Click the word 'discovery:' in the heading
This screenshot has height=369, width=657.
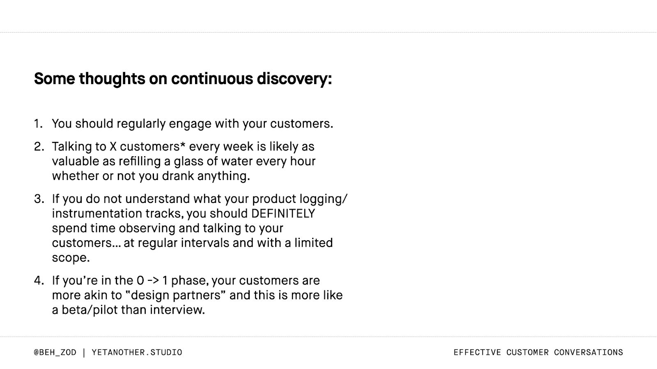[x=294, y=78]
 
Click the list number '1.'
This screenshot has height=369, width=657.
[x=38, y=123]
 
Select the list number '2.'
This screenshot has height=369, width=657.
[x=39, y=146]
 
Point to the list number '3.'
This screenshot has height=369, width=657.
[x=39, y=199]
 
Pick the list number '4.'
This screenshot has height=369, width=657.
[x=39, y=280]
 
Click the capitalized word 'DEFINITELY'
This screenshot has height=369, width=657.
[x=283, y=214]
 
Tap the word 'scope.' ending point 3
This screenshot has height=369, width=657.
[x=71, y=258]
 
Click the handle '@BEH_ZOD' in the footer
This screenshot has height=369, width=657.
[x=55, y=352]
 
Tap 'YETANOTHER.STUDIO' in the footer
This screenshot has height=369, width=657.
[x=137, y=352]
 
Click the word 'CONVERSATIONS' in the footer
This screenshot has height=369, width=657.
[x=588, y=352]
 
